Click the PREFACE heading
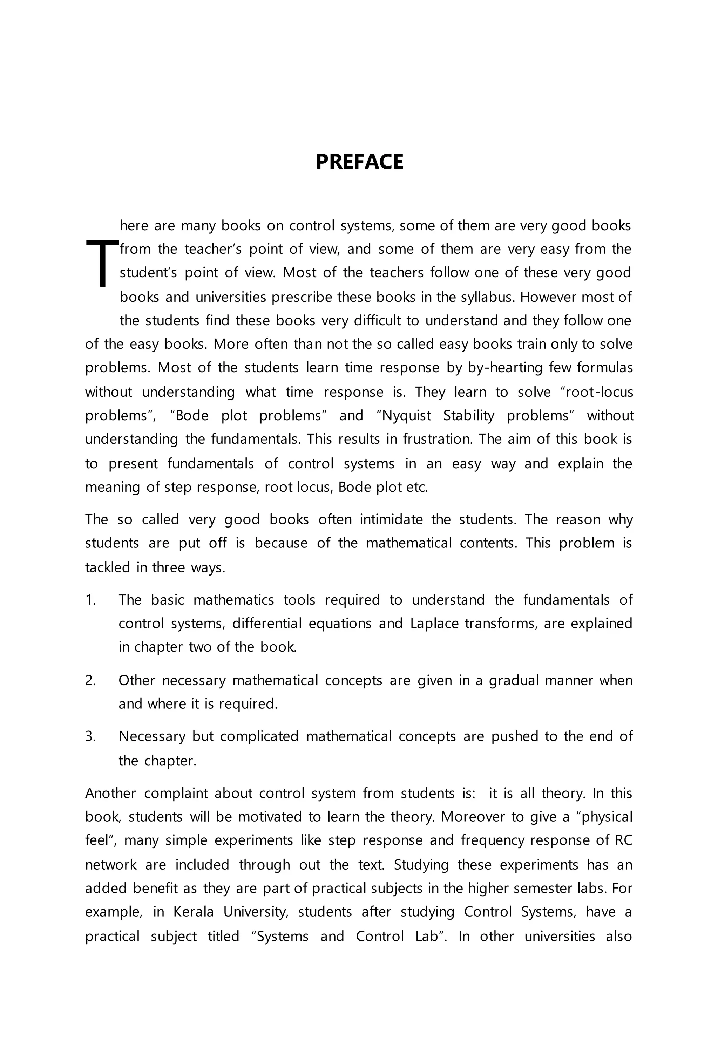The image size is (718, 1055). pyautogui.click(x=359, y=162)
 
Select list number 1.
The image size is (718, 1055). pyautogui.click(x=90, y=600)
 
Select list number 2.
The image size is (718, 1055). pyautogui.click(x=90, y=680)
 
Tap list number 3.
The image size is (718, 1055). pyautogui.click(x=90, y=736)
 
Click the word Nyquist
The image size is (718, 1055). pyautogui.click(x=406, y=416)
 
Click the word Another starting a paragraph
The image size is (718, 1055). pyautogui.click(x=110, y=793)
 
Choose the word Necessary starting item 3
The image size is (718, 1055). pyautogui.click(x=152, y=736)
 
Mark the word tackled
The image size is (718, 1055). pyautogui.click(x=107, y=567)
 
